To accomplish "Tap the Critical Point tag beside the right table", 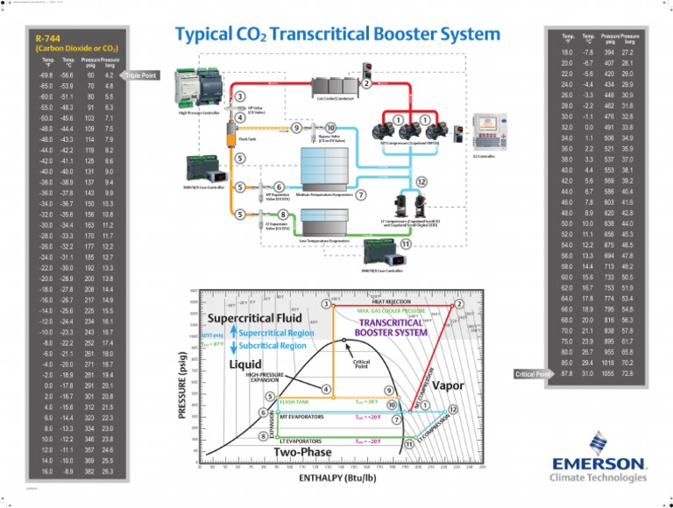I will click(534, 374).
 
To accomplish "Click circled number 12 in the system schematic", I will click(422, 181).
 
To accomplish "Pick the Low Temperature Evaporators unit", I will click(328, 224).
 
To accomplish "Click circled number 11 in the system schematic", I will click(405, 243).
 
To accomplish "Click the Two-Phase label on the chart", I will click(302, 452).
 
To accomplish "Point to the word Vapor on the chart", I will click(448, 385).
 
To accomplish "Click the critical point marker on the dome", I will click(345, 340).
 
